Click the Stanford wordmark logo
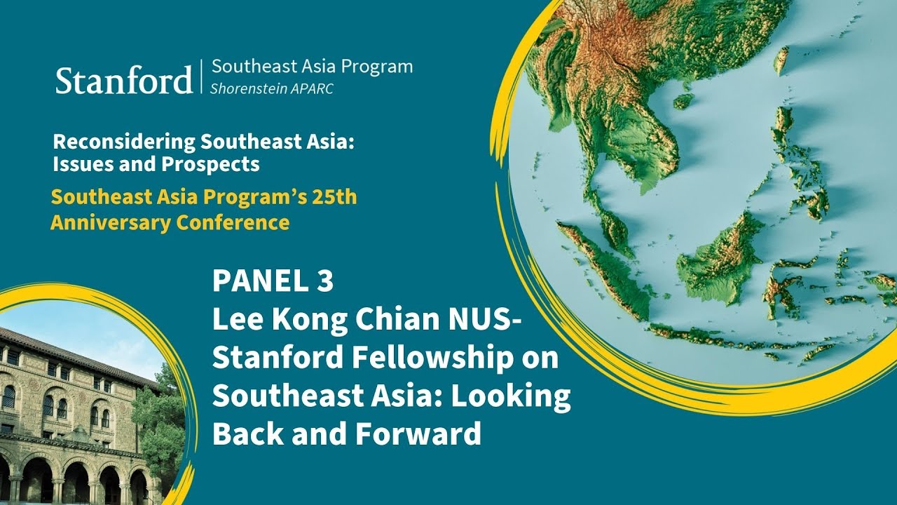123,80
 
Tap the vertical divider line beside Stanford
202,77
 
